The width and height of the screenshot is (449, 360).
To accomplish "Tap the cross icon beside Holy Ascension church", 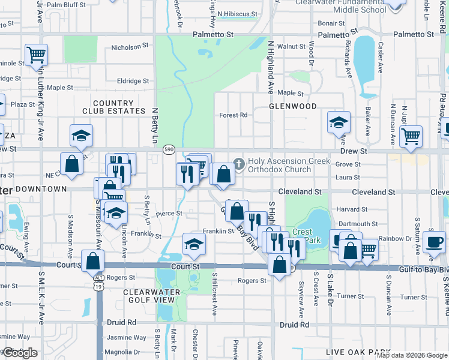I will pyautogui.click(x=239, y=163).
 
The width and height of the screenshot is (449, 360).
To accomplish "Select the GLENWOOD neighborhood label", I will pyautogui.click(x=292, y=106).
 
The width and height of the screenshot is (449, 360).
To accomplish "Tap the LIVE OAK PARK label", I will pyautogui.click(x=355, y=352).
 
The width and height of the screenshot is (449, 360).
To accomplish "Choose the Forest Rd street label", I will pyautogui.click(x=234, y=115).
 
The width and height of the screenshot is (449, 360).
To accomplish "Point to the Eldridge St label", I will pyautogui.click(x=133, y=81).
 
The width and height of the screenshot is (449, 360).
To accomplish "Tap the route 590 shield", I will pyautogui.click(x=169, y=149).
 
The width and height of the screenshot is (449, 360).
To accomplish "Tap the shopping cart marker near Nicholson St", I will pyautogui.click(x=36, y=55).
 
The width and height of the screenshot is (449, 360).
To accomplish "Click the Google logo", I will pyautogui.click(x=20, y=353).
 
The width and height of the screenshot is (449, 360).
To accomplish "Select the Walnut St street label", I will pyautogui.click(x=291, y=46).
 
